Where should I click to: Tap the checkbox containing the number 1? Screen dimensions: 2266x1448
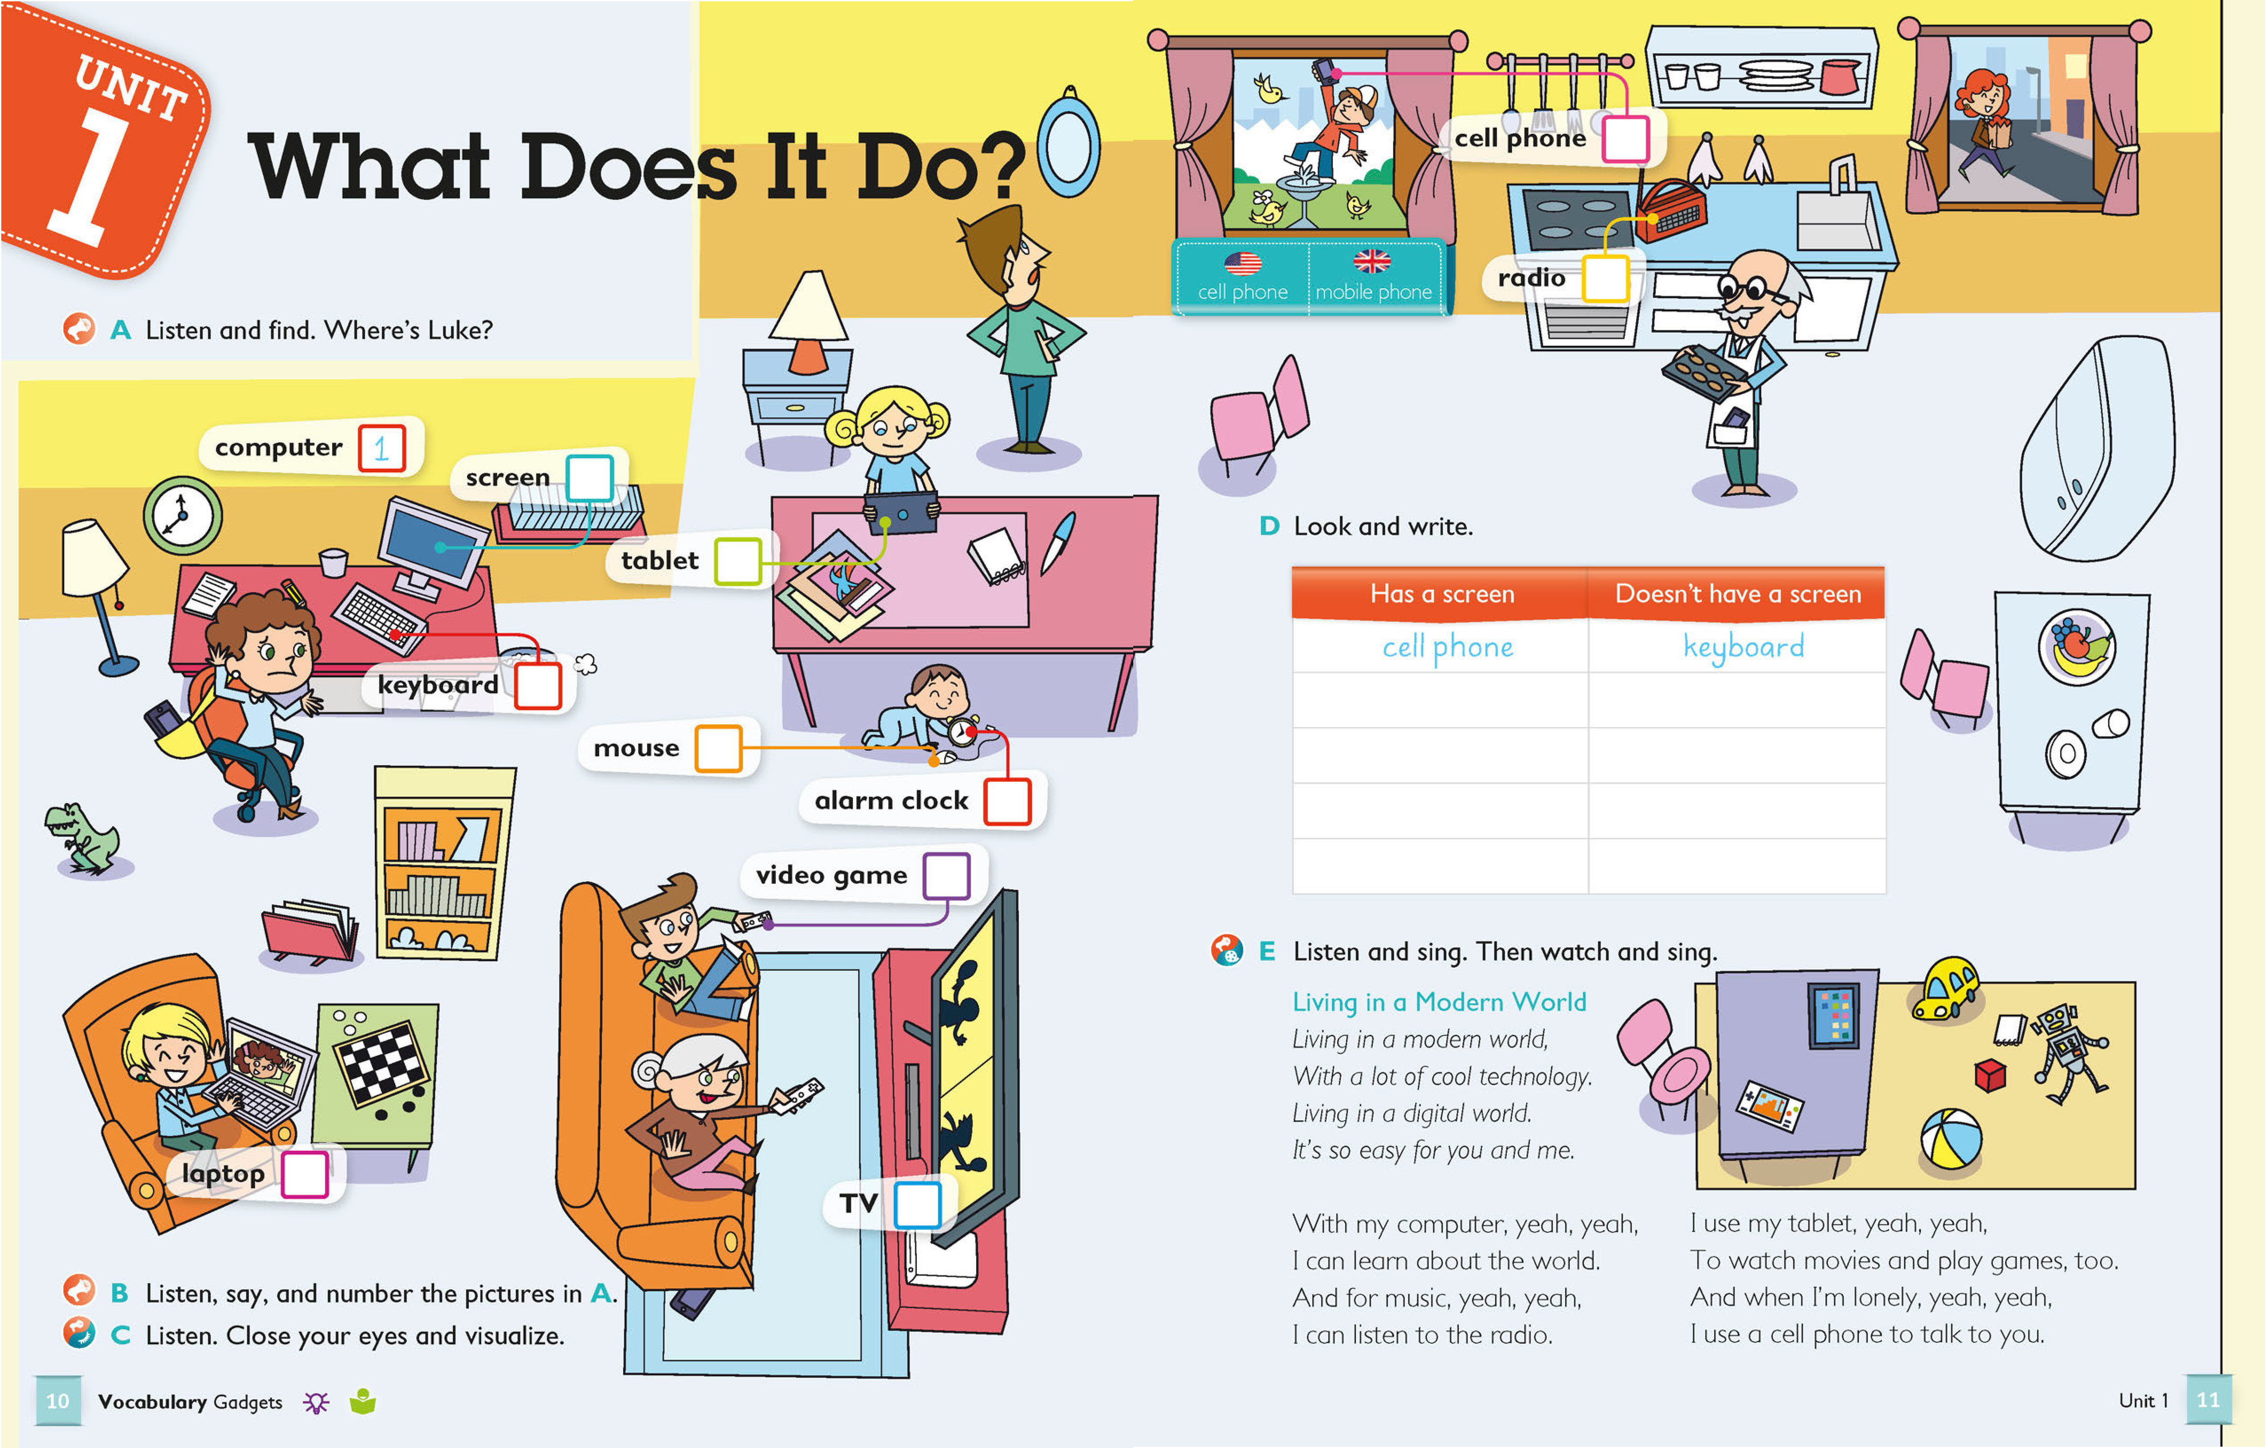click(381, 448)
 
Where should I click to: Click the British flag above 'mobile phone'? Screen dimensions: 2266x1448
click(1372, 261)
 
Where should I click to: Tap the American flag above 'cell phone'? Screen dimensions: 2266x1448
click(1243, 263)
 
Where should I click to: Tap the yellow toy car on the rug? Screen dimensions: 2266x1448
click(1945, 988)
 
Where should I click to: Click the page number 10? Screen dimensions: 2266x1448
click(57, 1401)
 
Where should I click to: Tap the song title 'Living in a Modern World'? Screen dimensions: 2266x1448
click(1439, 1002)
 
